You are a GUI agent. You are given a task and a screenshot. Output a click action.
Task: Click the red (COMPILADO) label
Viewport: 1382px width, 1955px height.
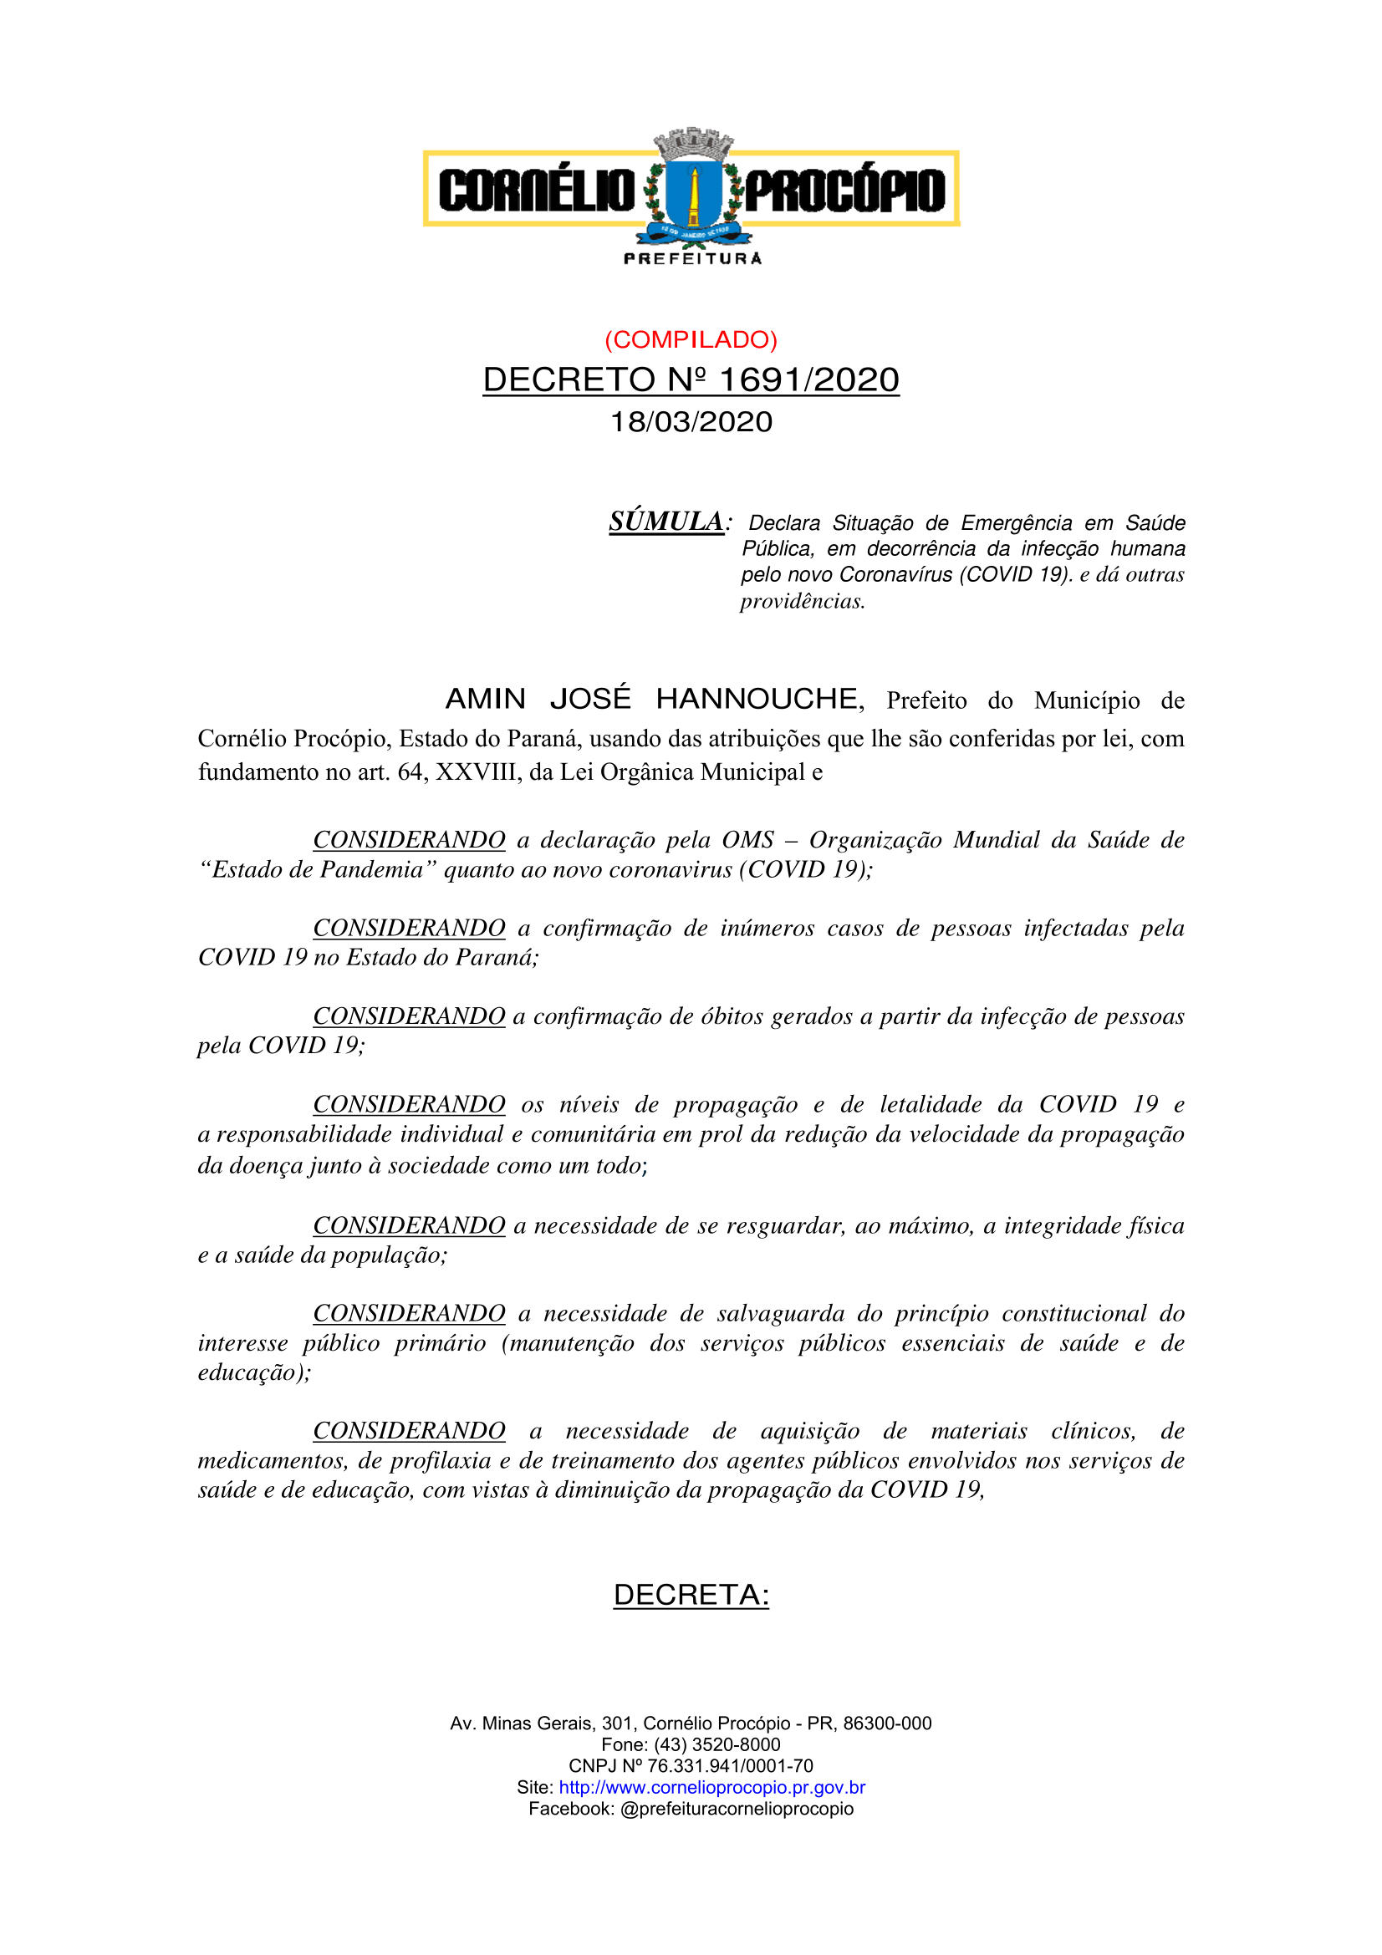click(691, 339)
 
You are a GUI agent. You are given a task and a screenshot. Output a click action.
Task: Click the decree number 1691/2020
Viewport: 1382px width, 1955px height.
click(808, 379)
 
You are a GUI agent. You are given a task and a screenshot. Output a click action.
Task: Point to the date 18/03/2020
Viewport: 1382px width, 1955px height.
click(691, 421)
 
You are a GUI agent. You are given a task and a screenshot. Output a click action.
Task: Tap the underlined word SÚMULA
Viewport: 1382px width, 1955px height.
click(666, 521)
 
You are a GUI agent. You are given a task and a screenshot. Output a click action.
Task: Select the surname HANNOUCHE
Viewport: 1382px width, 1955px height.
click(756, 699)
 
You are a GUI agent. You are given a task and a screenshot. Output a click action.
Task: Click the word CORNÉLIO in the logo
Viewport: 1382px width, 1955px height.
click(537, 190)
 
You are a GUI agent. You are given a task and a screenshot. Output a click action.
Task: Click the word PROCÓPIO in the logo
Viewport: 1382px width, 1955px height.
click(844, 190)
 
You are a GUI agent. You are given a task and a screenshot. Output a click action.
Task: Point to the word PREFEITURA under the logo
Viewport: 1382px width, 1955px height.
click(692, 259)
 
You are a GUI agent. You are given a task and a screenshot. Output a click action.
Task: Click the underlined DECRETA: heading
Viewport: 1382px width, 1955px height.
click(691, 1595)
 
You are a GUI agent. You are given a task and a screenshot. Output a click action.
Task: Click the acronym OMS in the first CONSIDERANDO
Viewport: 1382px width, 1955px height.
click(747, 840)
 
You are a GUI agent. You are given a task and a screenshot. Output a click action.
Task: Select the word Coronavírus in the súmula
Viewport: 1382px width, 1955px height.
click(895, 575)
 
